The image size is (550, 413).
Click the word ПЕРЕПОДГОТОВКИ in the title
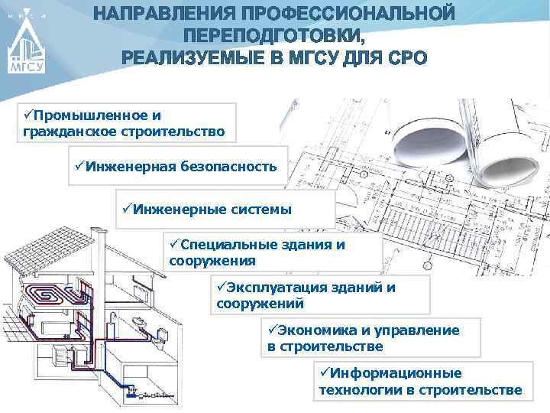274,37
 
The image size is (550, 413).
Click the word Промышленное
80,115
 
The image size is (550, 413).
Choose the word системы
259,209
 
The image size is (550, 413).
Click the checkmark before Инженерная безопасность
79,165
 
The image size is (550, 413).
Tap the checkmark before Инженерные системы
127,209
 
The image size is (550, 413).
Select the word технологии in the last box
354,390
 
